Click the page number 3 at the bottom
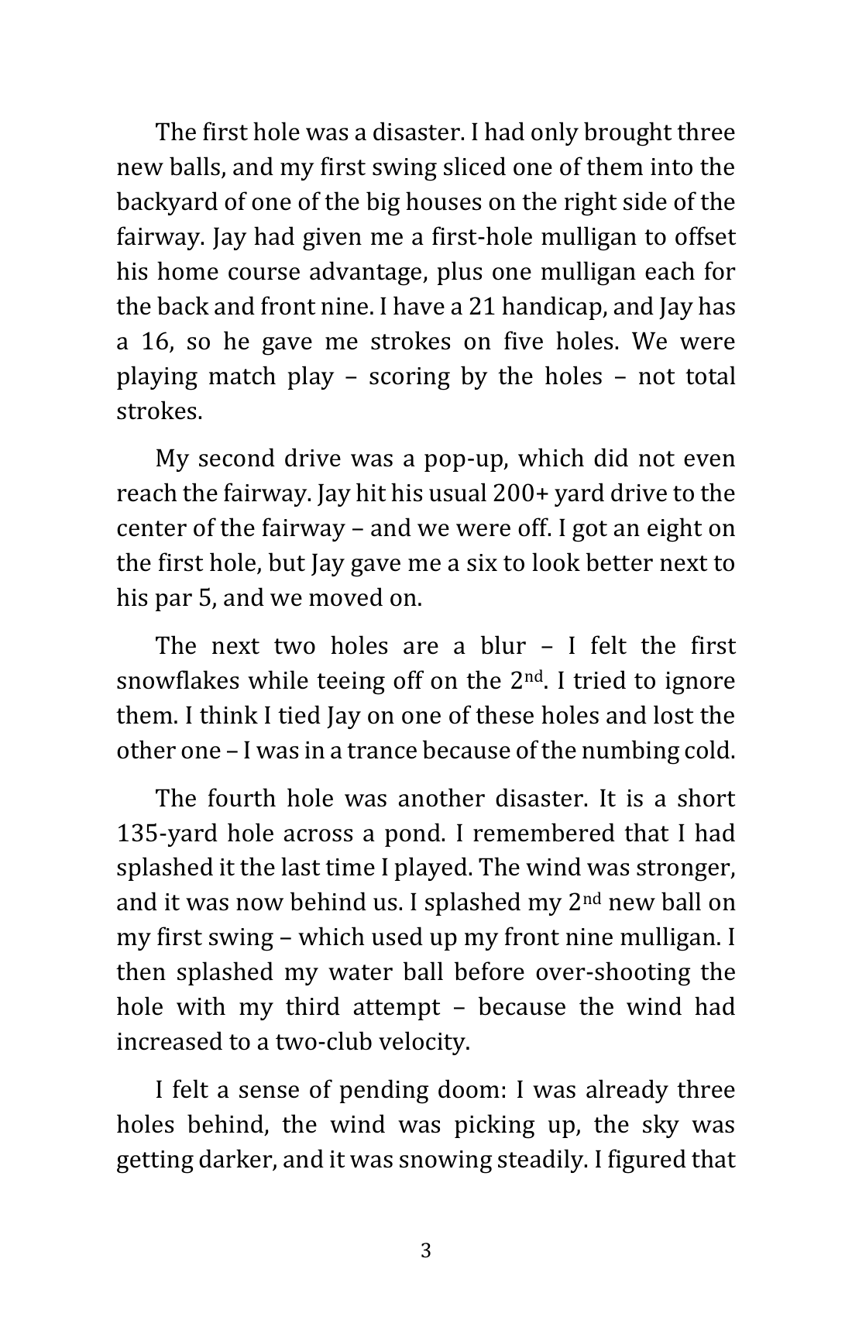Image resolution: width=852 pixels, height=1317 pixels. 425,1250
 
